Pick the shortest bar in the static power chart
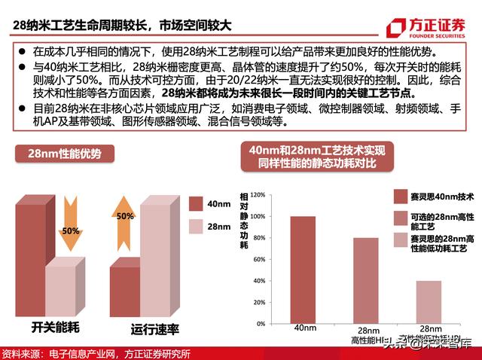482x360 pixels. click(430, 302)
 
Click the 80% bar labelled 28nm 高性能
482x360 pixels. click(366, 280)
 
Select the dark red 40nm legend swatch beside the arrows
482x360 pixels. click(194, 203)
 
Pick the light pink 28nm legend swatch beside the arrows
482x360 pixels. click(194, 226)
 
